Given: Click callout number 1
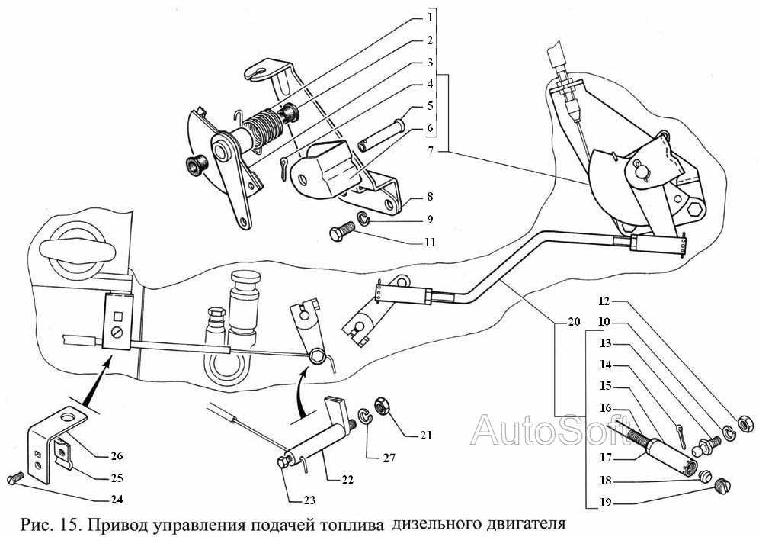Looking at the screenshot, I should tap(431, 17).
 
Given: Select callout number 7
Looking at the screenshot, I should tap(431, 150).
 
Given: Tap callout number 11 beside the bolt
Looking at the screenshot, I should tap(431, 243).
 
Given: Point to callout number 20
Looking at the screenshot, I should tap(574, 323).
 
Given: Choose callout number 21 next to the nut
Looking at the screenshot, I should tap(424, 436).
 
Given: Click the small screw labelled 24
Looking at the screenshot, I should tap(13, 478).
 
